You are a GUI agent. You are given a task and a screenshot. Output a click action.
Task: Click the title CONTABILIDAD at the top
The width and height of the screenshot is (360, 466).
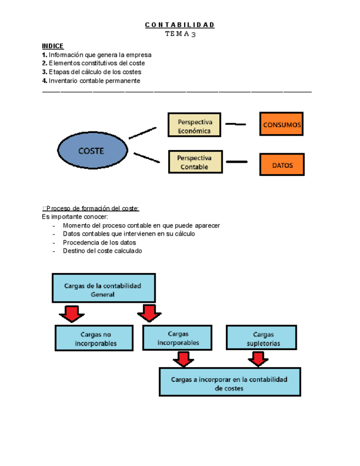coord(180,25)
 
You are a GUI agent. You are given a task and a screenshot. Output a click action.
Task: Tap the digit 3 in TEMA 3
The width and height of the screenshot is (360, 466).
coord(193,34)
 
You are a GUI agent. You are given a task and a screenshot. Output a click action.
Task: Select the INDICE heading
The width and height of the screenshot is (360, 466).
coord(53,46)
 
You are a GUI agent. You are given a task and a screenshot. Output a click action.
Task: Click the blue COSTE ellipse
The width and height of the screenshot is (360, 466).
coord(92,151)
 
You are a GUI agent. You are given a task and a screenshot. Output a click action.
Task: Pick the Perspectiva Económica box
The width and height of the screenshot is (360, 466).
coord(194,125)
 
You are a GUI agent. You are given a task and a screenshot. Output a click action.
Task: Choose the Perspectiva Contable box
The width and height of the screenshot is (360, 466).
coord(194,162)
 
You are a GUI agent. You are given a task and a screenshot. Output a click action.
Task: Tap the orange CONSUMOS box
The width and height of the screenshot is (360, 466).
coord(281,125)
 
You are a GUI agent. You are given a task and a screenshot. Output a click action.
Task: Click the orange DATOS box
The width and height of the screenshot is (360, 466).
coord(281,164)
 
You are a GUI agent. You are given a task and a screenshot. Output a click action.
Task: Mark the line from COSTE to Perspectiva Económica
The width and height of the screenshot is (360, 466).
coord(142,132)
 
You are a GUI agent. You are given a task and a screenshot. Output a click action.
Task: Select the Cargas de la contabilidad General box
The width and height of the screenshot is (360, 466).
coord(103,289)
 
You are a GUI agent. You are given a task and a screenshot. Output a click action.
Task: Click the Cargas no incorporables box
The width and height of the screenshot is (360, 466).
coord(94,338)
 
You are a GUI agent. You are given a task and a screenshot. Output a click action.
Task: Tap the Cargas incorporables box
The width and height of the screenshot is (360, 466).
coord(178,337)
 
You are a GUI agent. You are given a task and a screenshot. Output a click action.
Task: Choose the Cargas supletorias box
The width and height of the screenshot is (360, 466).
coord(263,338)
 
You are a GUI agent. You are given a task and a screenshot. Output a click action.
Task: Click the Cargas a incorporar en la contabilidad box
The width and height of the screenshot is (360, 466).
coord(229,382)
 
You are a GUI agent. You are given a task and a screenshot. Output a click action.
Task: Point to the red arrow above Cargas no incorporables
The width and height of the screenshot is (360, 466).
coord(71,314)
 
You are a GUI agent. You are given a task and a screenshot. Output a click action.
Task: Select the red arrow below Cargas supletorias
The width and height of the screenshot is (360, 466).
coord(257,359)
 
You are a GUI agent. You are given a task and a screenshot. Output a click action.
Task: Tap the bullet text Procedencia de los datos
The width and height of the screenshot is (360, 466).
coord(99,242)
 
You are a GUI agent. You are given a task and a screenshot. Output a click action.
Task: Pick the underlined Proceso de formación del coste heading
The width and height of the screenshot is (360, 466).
coord(92,208)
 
